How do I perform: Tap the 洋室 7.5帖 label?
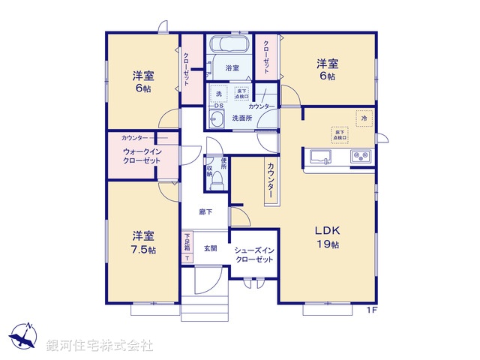(142, 241)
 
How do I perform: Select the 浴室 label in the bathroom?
(232, 68)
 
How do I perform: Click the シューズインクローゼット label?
(253, 254)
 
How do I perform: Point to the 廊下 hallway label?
(205, 212)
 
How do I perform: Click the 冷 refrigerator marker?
(364, 118)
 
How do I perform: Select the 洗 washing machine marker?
(218, 94)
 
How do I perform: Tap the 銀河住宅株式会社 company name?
(100, 346)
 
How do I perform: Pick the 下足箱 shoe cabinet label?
(187, 243)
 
